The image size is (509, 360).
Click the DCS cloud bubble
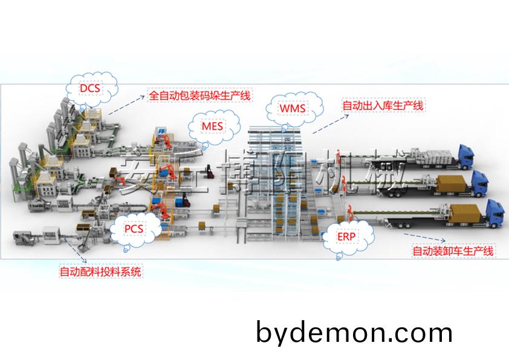91,89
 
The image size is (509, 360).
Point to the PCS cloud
135,229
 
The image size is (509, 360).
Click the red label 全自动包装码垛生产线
199,96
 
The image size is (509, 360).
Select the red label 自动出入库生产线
383,106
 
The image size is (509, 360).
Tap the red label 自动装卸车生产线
452,250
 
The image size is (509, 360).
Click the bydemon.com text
354,332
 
